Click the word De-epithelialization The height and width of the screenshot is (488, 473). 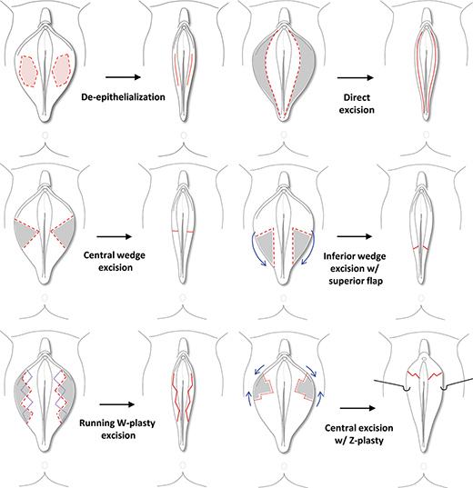pos(123,97)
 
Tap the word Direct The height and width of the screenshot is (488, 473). pos(357,97)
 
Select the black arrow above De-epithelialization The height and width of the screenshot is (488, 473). pos(124,77)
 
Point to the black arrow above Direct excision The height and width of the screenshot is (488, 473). pos(356,77)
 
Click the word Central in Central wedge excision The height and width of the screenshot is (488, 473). pos(100,255)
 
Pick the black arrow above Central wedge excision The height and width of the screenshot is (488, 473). pos(115,237)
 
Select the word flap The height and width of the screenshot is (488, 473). pos(374,281)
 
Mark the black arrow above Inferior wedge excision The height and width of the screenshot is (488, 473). pos(355,236)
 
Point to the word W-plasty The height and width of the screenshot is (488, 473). pos(136,423)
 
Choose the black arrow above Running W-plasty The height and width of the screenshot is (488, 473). pos(117,404)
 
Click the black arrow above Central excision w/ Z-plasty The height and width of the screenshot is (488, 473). pos(357,408)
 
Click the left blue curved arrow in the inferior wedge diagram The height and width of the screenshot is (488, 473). pos(256,249)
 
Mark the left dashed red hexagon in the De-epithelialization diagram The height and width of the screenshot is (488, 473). pos(29,71)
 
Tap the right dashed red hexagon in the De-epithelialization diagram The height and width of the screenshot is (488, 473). pos(62,70)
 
